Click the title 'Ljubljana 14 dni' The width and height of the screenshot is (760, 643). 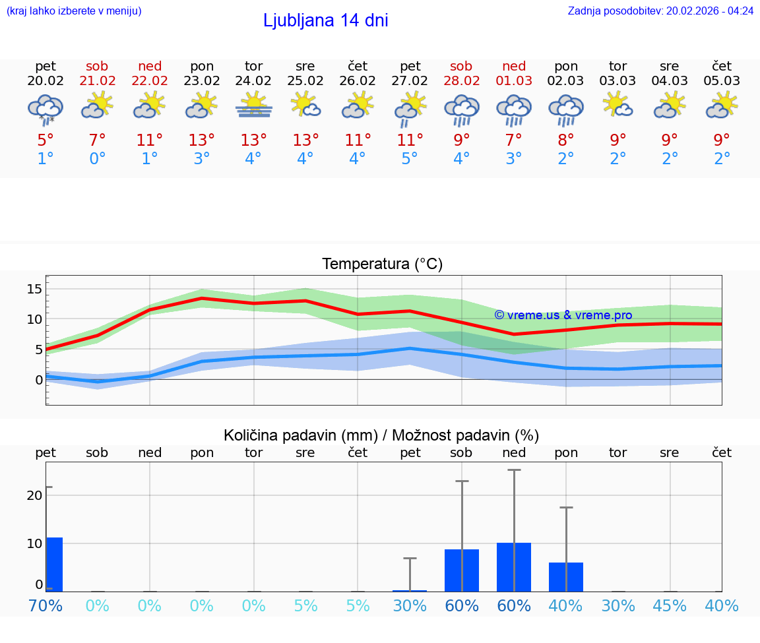(x=325, y=20)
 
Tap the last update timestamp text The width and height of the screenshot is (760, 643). (x=660, y=11)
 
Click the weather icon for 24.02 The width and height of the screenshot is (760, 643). (x=254, y=106)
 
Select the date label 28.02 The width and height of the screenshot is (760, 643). (x=461, y=81)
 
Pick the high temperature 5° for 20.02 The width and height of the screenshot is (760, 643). (x=46, y=140)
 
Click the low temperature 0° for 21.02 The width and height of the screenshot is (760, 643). (x=97, y=160)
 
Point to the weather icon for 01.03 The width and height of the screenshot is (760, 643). (x=514, y=109)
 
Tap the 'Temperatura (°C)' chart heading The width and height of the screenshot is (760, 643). (x=382, y=264)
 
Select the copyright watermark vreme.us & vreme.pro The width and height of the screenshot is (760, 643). (x=563, y=315)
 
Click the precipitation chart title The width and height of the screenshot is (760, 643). (x=381, y=435)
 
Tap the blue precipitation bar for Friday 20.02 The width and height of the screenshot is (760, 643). (x=55, y=565)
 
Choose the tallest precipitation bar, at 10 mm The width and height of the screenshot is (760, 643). (x=514, y=567)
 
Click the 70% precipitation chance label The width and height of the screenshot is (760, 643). (x=46, y=605)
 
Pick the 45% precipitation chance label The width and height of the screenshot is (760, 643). (x=670, y=605)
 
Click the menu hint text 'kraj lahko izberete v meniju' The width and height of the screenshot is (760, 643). (x=74, y=11)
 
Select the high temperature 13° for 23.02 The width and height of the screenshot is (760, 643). (x=201, y=140)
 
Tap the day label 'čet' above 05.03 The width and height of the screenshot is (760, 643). (x=722, y=66)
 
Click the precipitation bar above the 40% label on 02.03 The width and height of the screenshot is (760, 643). (x=566, y=577)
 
